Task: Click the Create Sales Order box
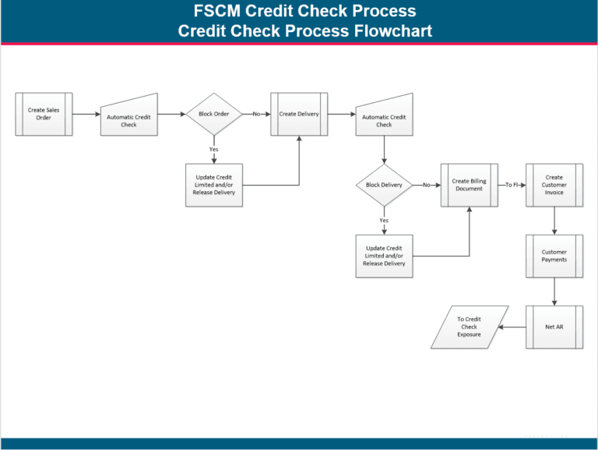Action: pos(44,115)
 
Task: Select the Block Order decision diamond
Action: pos(214,114)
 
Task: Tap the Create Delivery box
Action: pos(299,114)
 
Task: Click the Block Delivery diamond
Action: pos(384,185)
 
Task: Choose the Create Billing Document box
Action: pos(469,185)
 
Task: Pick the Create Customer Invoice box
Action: pos(554,185)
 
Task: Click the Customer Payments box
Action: pos(554,256)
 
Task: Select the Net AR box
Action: pos(554,327)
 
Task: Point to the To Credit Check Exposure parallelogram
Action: pos(469,327)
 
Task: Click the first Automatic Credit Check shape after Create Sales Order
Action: pos(129,117)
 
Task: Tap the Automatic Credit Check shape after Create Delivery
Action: pos(384,117)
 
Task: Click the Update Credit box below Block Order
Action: pos(214,185)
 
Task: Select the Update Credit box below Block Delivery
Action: pos(384,256)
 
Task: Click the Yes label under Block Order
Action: pos(213,149)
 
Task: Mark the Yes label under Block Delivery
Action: pos(384,220)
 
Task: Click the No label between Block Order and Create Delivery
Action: pos(256,114)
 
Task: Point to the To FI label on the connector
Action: pos(512,185)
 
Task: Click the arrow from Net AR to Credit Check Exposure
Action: pos(512,327)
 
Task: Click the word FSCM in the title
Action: pos(217,12)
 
